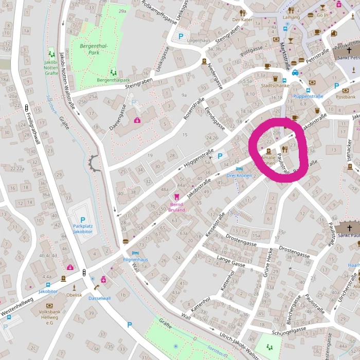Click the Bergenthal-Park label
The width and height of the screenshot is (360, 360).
pos(94,49)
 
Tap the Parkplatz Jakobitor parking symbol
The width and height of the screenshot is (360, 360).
pos(82,220)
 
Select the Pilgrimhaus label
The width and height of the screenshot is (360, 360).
pos(136,260)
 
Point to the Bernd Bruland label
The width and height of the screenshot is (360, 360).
pos(177,207)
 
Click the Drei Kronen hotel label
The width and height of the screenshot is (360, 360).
pos(239,175)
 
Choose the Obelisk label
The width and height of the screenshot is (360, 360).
pos(74,295)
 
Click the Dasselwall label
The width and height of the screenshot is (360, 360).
pos(99,298)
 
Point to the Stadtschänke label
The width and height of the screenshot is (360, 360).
pos(272,86)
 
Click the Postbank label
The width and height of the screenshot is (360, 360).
pos(346,96)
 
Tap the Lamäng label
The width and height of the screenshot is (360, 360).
pos(291,17)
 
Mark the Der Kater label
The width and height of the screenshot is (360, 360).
pos(243,20)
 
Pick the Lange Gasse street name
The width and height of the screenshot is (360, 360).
pos(231,261)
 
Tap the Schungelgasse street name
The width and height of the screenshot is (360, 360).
pos(289,331)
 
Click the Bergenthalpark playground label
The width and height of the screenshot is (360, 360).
pos(113,80)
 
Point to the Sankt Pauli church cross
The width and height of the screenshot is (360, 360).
pos(350,228)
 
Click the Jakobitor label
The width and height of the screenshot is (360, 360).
pos(48,291)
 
